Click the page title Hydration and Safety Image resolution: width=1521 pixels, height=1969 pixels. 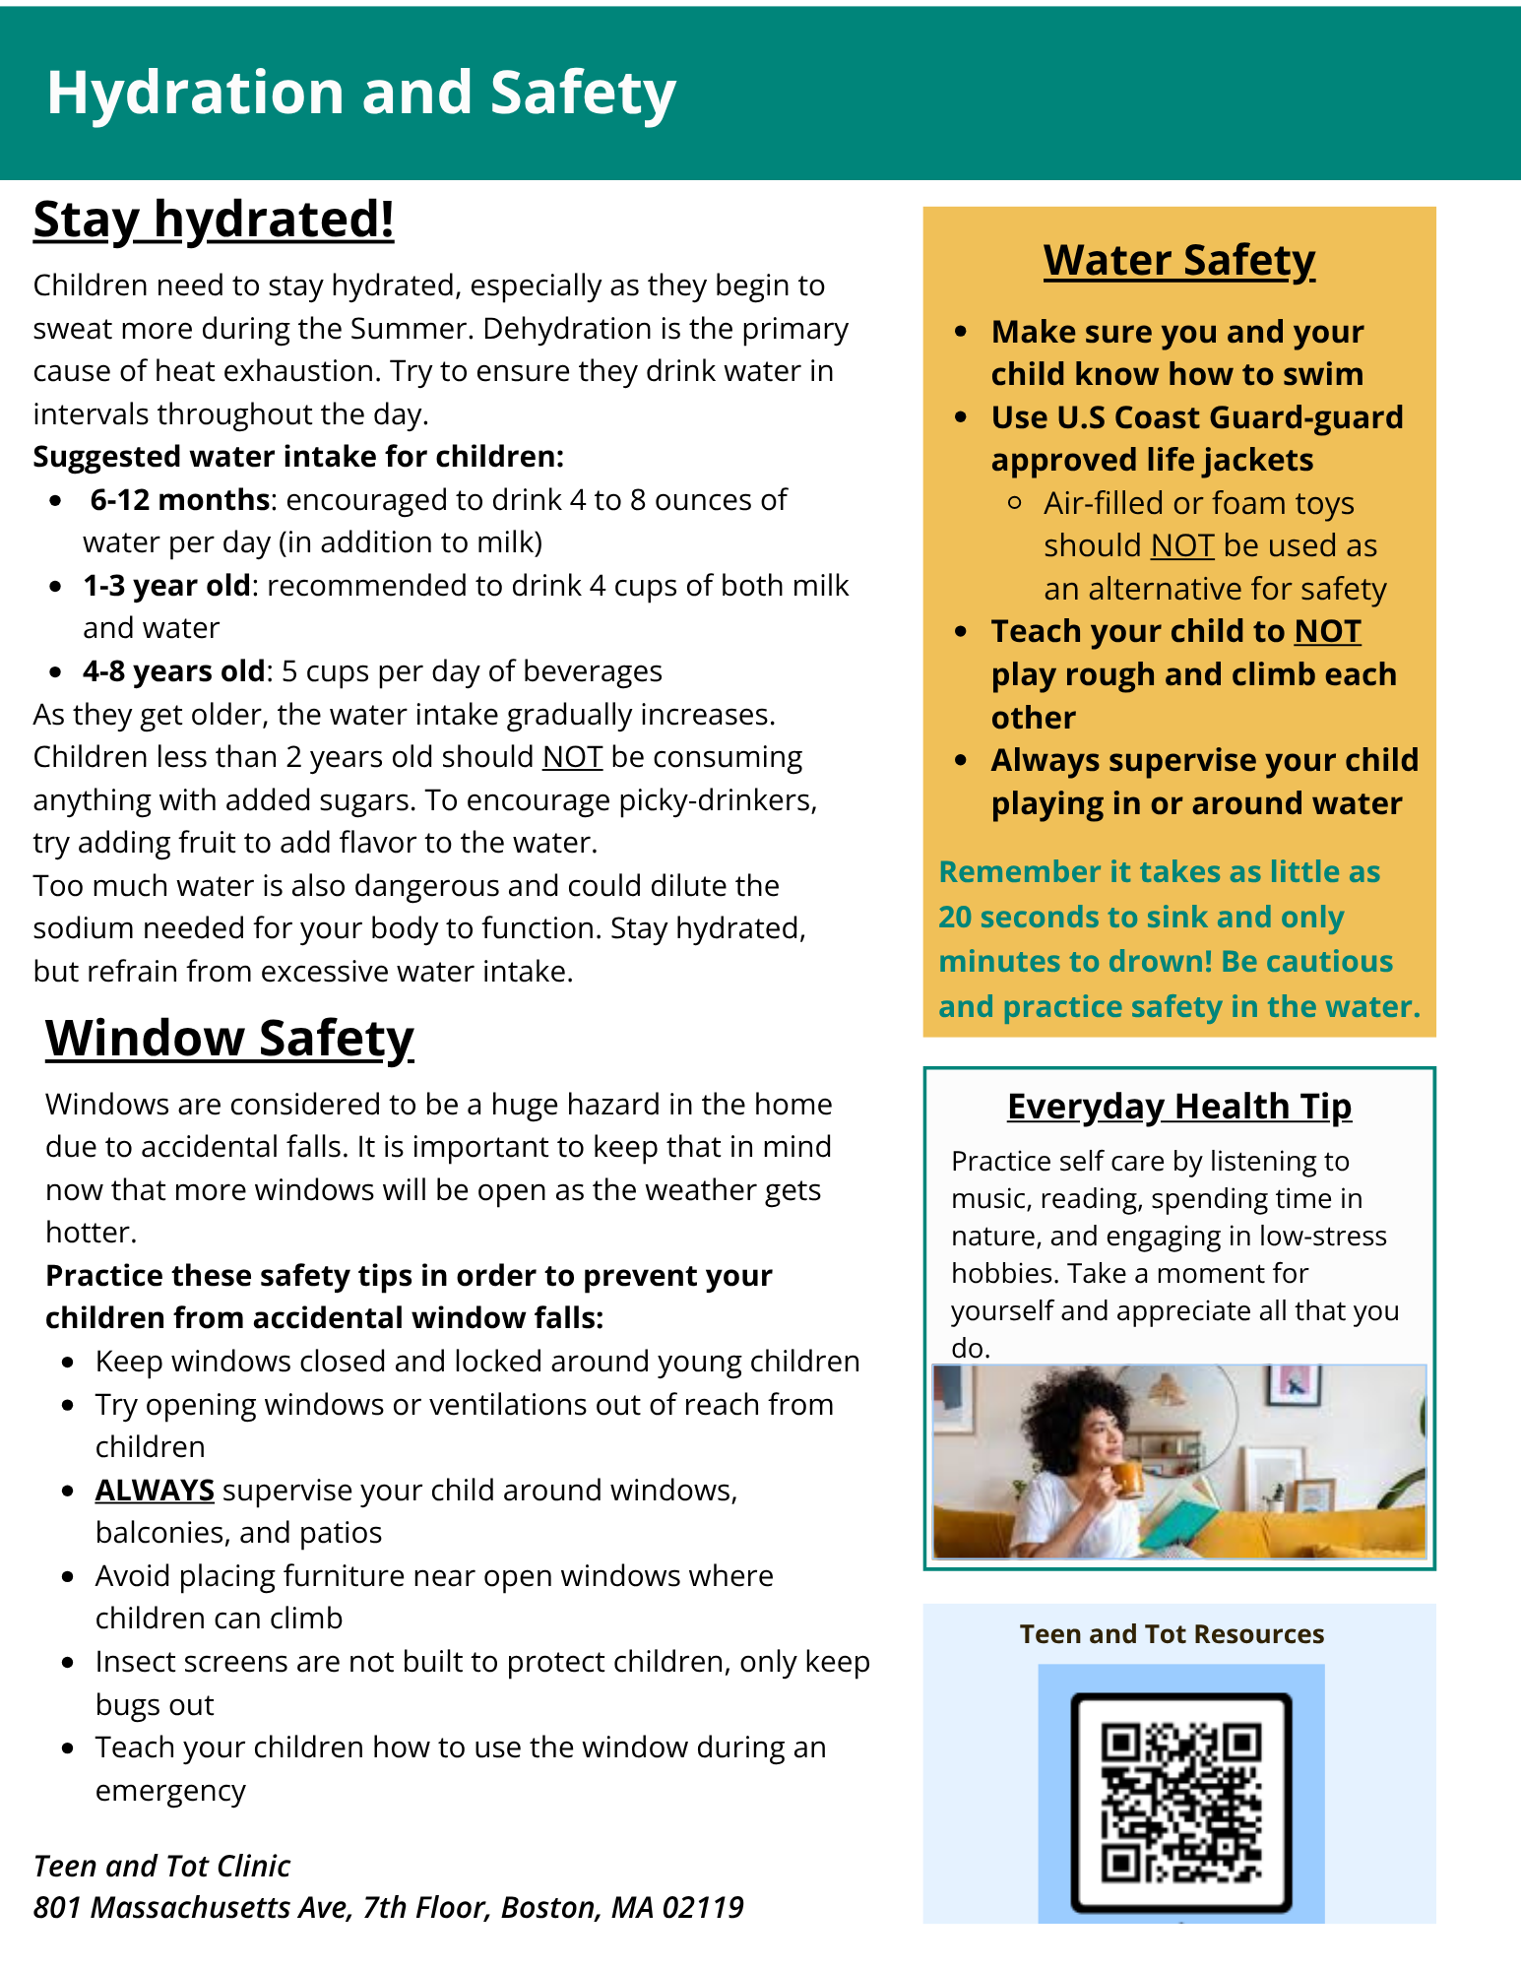360,93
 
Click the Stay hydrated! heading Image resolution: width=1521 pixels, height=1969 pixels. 214,219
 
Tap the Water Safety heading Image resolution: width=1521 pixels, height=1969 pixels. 1178,260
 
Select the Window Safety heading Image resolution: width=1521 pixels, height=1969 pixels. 229,1038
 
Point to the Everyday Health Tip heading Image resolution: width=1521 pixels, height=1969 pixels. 1178,1106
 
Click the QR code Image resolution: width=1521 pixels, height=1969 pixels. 1180,1802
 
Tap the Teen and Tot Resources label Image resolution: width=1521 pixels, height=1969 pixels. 1172,1634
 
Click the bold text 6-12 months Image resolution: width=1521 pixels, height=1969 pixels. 179,500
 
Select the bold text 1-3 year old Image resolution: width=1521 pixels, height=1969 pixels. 166,586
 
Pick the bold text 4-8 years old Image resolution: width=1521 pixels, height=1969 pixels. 173,671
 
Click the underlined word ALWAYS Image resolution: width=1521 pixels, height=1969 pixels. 155,1491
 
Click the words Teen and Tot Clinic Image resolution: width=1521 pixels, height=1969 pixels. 161,1866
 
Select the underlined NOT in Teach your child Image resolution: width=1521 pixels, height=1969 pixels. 1327,631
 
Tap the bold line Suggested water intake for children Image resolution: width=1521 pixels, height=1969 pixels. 298,457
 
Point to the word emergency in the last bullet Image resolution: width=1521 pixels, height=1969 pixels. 170,1791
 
